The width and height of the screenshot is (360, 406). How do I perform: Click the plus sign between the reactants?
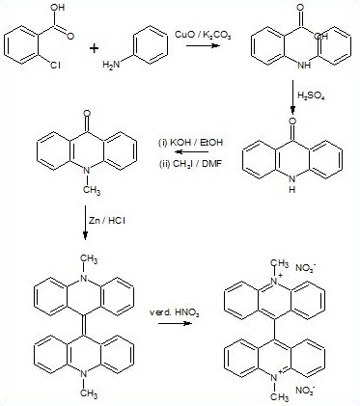pos(94,49)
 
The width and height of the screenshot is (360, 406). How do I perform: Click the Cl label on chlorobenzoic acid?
pos(55,66)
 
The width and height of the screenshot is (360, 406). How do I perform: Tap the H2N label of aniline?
pos(111,65)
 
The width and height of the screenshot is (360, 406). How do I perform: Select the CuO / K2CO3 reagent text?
pos(203,35)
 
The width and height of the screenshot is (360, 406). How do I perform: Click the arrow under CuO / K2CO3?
pos(203,45)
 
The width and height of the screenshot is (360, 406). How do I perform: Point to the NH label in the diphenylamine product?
pos(304,65)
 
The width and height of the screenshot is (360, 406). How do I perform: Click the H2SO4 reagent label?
pos(311,95)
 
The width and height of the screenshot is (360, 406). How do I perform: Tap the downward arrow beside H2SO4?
pos(292,96)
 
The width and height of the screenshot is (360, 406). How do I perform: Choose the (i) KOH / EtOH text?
pos(191,142)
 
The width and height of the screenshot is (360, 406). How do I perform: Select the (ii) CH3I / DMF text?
pos(190,164)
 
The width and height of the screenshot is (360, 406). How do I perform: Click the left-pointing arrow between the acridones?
pos(192,152)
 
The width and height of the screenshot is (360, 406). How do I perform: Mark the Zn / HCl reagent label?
pos(107,221)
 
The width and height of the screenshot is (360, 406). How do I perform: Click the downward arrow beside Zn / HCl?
pos(85,223)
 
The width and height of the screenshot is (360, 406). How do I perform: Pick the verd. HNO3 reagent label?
pos(174,312)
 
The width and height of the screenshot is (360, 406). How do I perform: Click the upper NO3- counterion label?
pos(305,268)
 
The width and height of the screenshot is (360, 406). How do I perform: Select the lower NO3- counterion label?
pos(305,391)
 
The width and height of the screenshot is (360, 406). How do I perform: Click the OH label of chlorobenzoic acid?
pos(57,8)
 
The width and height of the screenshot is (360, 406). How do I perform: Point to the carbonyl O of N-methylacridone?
pos(86,114)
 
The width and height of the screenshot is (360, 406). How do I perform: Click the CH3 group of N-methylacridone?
pos(92,190)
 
